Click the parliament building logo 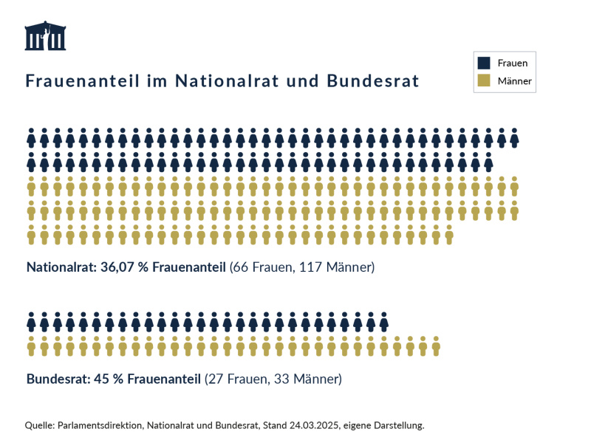[x=45, y=36]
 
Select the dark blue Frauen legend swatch [x=484, y=63]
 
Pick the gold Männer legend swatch [x=484, y=80]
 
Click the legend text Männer [x=514, y=80]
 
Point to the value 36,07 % [x=123, y=267]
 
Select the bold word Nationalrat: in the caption [x=60, y=267]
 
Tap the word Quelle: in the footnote [x=40, y=425]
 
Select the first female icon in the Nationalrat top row [x=32, y=137]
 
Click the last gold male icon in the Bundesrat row [x=436, y=345]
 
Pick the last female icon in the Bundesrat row [x=383, y=322]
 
